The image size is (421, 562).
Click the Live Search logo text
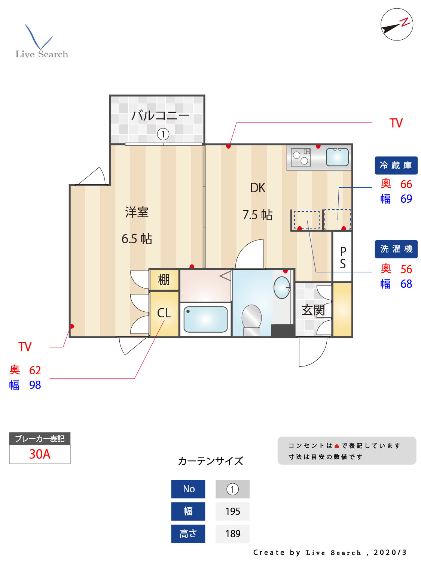(x=42, y=54)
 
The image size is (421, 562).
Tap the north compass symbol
(x=397, y=25)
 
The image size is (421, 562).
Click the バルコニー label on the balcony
(x=160, y=115)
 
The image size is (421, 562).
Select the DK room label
(x=258, y=188)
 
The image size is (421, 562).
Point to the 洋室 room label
(x=137, y=212)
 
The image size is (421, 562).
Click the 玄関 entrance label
(x=313, y=310)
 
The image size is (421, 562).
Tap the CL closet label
(x=164, y=313)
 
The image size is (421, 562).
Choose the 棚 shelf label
(x=164, y=280)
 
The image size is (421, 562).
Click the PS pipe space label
(x=343, y=257)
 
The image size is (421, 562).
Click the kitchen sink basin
(x=337, y=157)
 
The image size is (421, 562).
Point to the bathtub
(x=205, y=319)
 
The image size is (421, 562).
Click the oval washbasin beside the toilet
(x=282, y=288)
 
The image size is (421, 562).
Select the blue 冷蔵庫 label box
(x=396, y=165)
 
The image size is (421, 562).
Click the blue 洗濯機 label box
(x=396, y=249)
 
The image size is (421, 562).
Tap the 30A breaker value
(x=40, y=454)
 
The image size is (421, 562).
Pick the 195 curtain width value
(x=233, y=511)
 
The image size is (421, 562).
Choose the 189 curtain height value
(x=233, y=534)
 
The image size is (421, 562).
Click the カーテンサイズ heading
(x=211, y=461)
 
